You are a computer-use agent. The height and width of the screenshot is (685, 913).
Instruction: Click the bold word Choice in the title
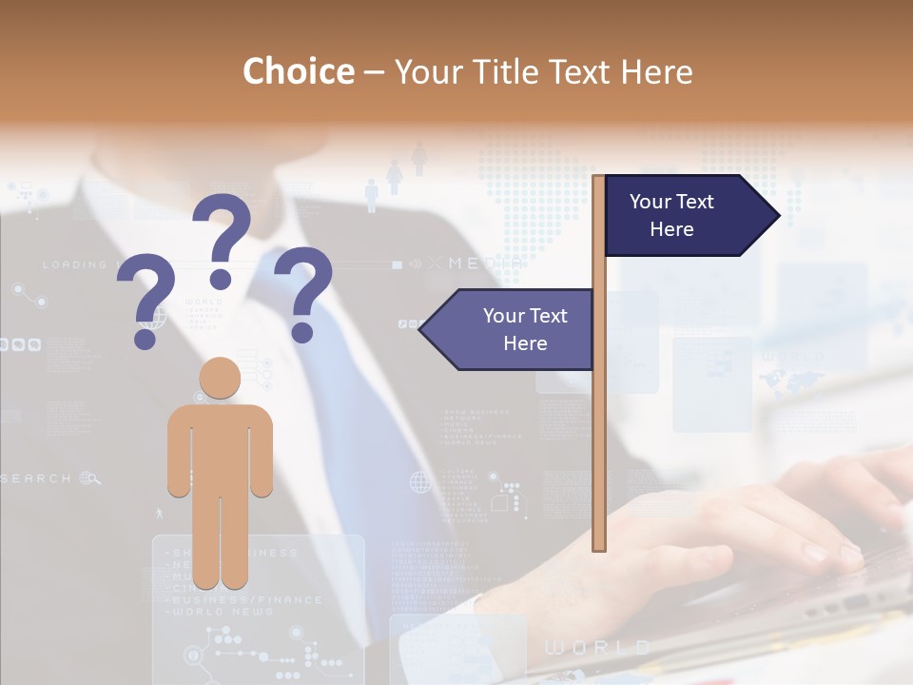298,71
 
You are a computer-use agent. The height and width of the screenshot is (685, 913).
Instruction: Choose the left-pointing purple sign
509,329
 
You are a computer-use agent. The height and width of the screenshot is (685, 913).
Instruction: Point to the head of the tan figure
220,379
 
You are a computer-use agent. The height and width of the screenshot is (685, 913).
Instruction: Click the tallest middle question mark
223,228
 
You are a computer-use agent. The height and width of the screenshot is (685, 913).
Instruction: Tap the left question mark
147,290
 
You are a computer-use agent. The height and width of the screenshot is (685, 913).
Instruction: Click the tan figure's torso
220,447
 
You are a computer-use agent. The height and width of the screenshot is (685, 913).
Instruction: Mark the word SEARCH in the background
36,479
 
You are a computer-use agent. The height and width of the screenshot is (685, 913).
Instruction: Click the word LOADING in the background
74,264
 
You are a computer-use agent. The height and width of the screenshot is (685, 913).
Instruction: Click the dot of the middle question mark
221,278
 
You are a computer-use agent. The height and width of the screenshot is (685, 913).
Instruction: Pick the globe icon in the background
420,482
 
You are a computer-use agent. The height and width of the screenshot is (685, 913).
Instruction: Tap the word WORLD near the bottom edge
596,648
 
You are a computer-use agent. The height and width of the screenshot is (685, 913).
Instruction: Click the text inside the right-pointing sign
671,215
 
